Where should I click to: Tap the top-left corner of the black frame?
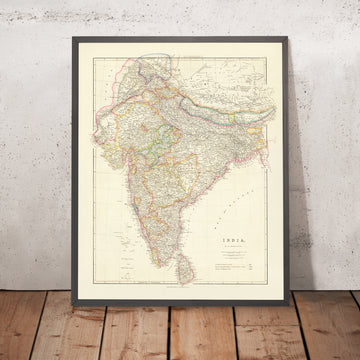point(72,39)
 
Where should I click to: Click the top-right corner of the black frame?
point(289,40)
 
